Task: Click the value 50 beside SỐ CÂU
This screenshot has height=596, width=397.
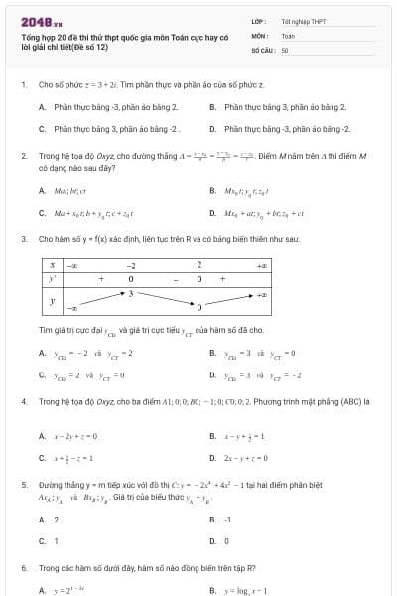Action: pos(285,49)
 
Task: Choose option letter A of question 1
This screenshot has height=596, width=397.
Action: pos(41,106)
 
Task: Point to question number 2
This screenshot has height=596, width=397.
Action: pos(23,156)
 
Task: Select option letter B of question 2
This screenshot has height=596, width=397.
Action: pos(213,190)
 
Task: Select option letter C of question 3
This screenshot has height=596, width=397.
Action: pos(41,375)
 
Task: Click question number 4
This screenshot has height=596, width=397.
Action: pos(23,402)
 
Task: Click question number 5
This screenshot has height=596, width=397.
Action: pos(23,485)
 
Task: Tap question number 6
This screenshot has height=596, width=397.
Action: pos(23,568)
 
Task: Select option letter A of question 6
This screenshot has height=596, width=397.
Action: pos(41,590)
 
